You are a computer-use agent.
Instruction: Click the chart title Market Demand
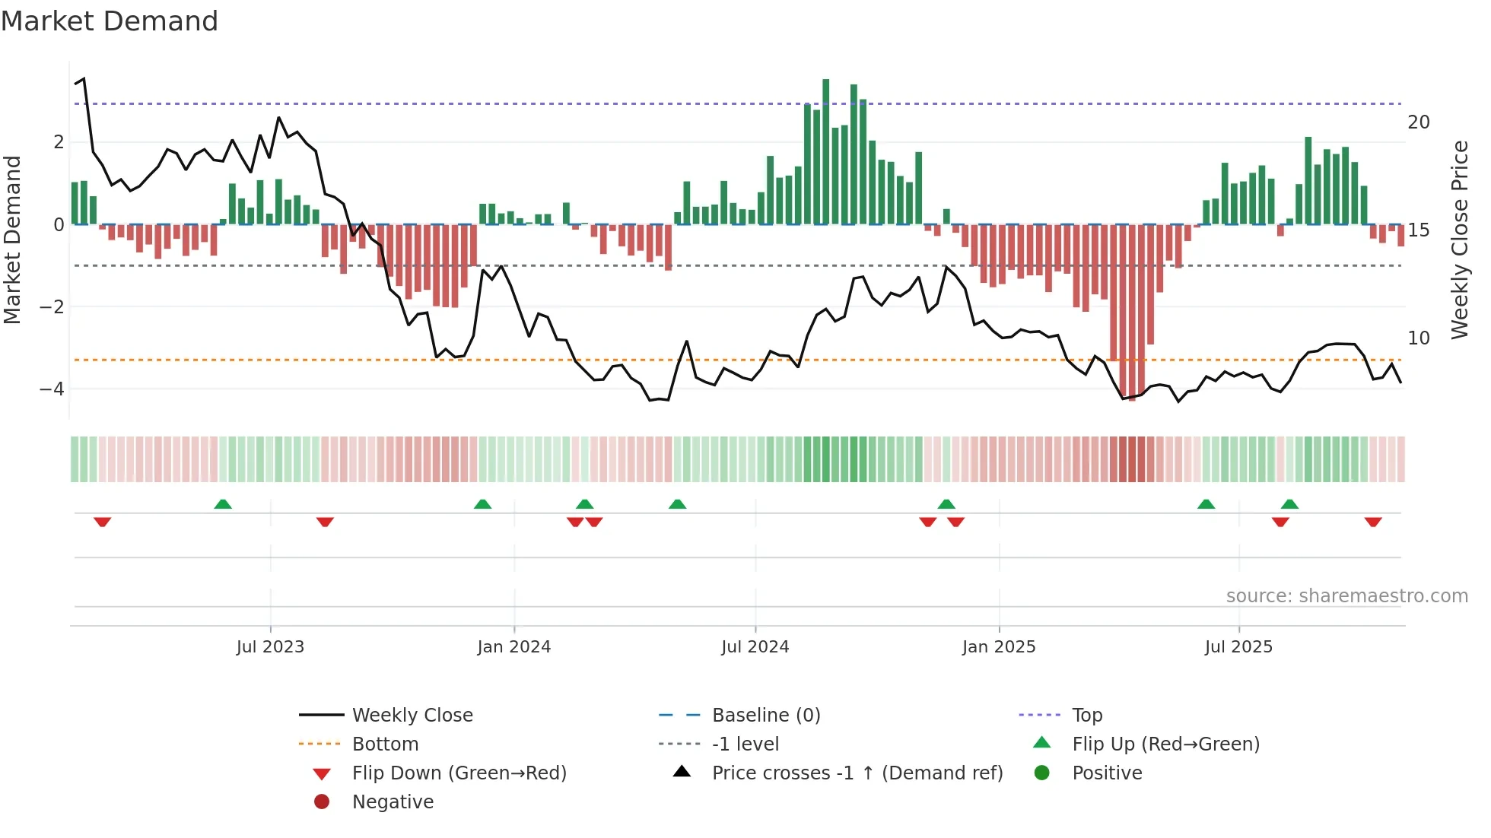(x=110, y=21)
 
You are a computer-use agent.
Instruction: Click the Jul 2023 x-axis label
(x=270, y=647)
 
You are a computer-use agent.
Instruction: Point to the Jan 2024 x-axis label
(x=513, y=647)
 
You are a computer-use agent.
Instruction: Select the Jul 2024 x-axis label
(x=755, y=647)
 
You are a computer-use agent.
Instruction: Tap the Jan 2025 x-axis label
(x=998, y=647)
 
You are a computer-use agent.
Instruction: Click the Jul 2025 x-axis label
(x=1238, y=647)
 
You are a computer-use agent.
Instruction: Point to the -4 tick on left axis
(x=52, y=389)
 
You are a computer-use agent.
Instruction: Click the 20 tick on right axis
(x=1418, y=122)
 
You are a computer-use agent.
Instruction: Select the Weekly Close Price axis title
(x=1459, y=240)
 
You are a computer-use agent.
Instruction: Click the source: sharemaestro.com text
(x=1346, y=596)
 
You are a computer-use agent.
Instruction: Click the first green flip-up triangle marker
(x=223, y=504)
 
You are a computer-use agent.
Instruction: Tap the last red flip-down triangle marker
(x=1372, y=522)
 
